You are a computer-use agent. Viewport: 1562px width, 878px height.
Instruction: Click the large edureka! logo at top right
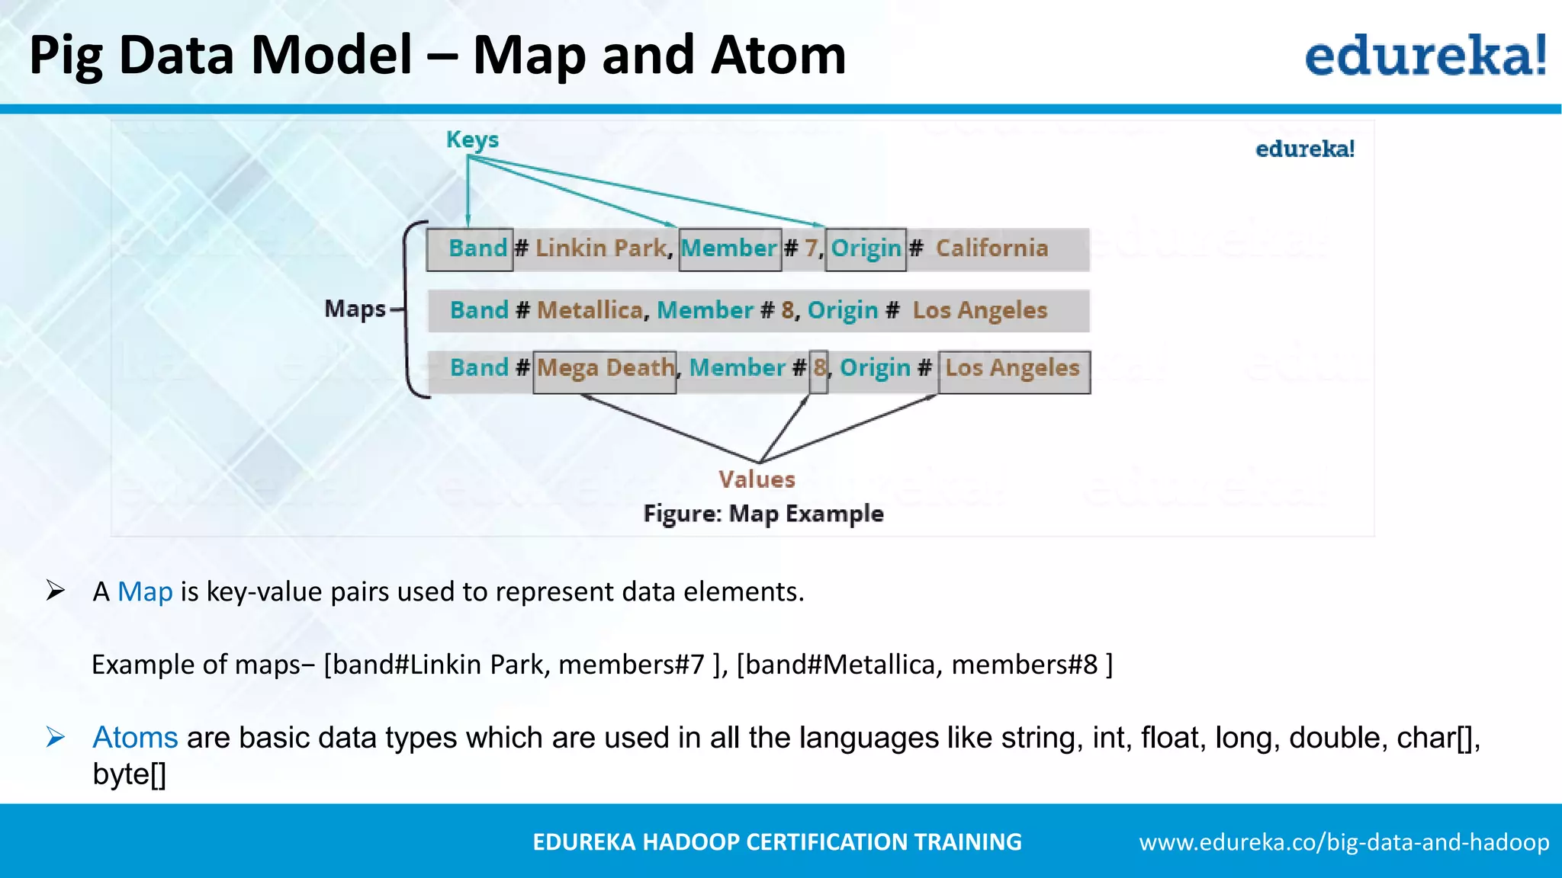coord(1425,56)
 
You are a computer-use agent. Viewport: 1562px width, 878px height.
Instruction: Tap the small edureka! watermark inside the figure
coord(1304,149)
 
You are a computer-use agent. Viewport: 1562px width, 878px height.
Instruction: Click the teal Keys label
coord(472,139)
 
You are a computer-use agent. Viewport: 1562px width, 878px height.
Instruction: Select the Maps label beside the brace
coord(355,309)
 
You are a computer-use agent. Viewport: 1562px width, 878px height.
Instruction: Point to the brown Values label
coord(757,479)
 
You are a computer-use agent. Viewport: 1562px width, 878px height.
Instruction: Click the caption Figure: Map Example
coord(763,514)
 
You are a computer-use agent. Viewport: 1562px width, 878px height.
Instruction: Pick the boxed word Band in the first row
coord(477,248)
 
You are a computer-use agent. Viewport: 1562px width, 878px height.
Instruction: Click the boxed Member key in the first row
coord(729,248)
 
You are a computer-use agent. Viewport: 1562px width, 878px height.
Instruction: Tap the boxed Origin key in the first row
coord(866,248)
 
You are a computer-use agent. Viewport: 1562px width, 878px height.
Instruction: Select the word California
coord(992,248)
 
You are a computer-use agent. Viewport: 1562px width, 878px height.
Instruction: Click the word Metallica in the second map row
coord(590,310)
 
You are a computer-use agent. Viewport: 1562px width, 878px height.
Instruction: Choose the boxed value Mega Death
coord(605,369)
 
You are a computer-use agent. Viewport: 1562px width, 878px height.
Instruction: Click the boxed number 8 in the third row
coord(818,369)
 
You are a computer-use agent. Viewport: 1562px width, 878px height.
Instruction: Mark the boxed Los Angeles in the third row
coord(1012,369)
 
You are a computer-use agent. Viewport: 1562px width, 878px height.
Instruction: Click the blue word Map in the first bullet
coord(145,591)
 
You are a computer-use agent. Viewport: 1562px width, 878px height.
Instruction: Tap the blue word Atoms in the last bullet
coord(135,738)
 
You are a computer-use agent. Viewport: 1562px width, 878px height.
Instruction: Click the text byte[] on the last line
coord(129,774)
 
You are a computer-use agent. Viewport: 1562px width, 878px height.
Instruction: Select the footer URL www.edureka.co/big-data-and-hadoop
coord(1344,842)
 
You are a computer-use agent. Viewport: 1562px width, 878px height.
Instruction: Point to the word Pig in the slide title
coord(66,57)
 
